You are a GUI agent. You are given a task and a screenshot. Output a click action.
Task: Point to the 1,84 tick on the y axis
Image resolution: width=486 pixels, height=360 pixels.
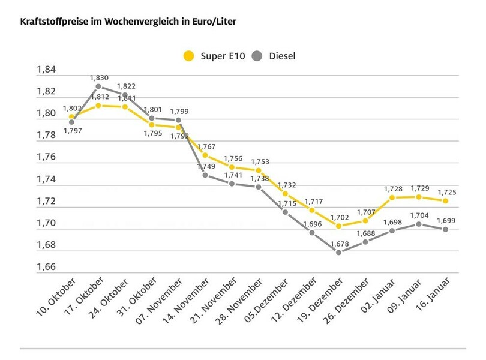46,70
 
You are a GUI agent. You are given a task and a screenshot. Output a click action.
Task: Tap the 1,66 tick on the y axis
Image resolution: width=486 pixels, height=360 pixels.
46,267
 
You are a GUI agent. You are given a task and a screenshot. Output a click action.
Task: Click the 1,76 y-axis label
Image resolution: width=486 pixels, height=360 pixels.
46,157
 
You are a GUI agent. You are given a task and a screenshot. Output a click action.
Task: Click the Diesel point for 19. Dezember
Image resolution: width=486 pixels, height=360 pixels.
340,253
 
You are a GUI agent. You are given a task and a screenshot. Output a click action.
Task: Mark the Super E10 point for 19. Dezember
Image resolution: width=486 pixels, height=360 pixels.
340,226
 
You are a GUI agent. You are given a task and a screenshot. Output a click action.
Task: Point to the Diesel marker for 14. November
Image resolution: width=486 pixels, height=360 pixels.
205,175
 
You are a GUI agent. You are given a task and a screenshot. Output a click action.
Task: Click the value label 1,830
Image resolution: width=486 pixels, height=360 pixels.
99,77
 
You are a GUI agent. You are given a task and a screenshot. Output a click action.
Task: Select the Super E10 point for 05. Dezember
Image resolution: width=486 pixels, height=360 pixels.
286,194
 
